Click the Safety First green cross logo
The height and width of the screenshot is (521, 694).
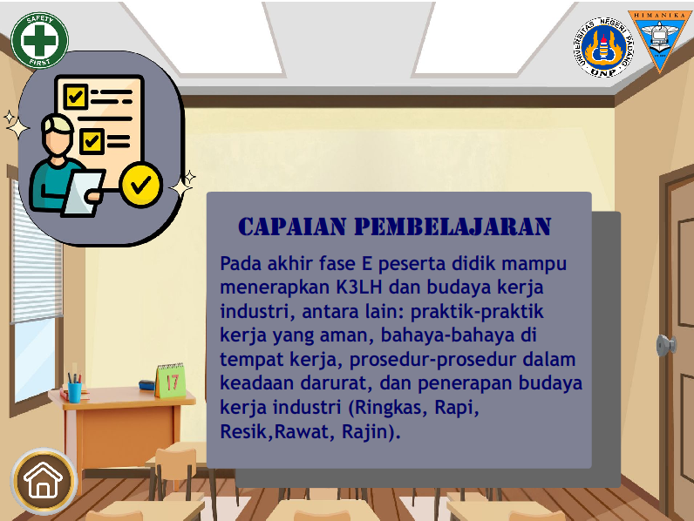[x=39, y=40]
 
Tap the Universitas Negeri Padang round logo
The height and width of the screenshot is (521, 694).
[x=603, y=48]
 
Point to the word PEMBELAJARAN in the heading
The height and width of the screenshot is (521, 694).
[x=452, y=227]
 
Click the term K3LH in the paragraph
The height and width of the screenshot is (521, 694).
[x=359, y=288]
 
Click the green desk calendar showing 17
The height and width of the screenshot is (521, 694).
[x=171, y=381]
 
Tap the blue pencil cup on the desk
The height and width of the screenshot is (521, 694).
[x=74, y=392]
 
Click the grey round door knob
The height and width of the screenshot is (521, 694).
[x=666, y=345]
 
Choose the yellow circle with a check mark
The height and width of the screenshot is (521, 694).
[x=141, y=184]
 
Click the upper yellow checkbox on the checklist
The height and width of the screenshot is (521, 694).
[x=76, y=97]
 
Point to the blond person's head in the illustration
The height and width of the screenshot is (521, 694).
[x=58, y=133]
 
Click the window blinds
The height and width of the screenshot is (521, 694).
[x=37, y=252]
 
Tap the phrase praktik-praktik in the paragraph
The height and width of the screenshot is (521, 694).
[x=477, y=312]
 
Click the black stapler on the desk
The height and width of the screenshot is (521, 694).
[x=147, y=385]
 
